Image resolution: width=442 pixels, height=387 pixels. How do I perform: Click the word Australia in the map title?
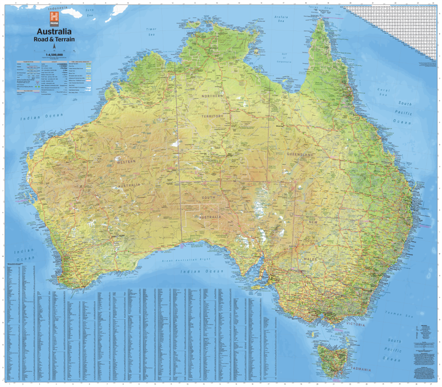pyautogui.click(x=54, y=31)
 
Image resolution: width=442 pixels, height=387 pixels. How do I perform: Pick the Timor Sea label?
pyautogui.click(x=152, y=32)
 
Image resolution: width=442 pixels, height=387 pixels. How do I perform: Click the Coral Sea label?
pyautogui.click(x=384, y=93)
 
